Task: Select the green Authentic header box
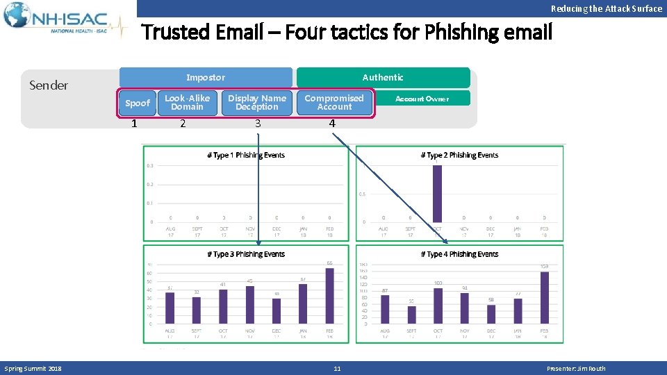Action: (x=383, y=77)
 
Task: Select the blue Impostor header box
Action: (x=206, y=77)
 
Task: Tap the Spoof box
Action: (x=137, y=103)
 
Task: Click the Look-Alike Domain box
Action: (x=187, y=103)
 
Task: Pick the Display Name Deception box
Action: (x=257, y=103)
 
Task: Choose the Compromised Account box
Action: (x=334, y=103)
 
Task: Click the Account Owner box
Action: (x=422, y=99)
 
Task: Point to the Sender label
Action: (x=49, y=85)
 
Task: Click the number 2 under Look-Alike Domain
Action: (x=183, y=124)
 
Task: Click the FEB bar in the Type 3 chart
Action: (x=329, y=295)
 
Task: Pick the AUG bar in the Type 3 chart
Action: (x=170, y=308)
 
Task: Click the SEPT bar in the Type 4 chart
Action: (x=411, y=314)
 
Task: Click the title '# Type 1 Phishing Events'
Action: (x=246, y=155)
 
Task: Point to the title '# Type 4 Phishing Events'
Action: (x=459, y=254)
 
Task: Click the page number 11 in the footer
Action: (x=337, y=369)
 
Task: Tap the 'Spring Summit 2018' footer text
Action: (x=33, y=369)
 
